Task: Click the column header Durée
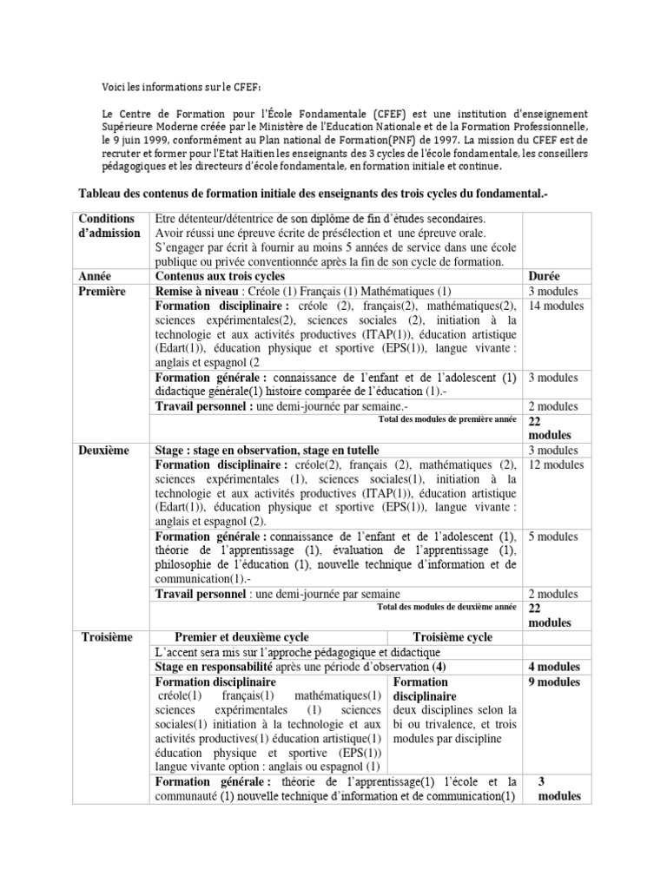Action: (545, 275)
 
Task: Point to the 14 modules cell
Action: (557, 306)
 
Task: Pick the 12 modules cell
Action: (557, 465)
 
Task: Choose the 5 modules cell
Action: (553, 537)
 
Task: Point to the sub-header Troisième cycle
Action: (452, 637)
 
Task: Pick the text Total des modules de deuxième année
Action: (447, 608)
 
